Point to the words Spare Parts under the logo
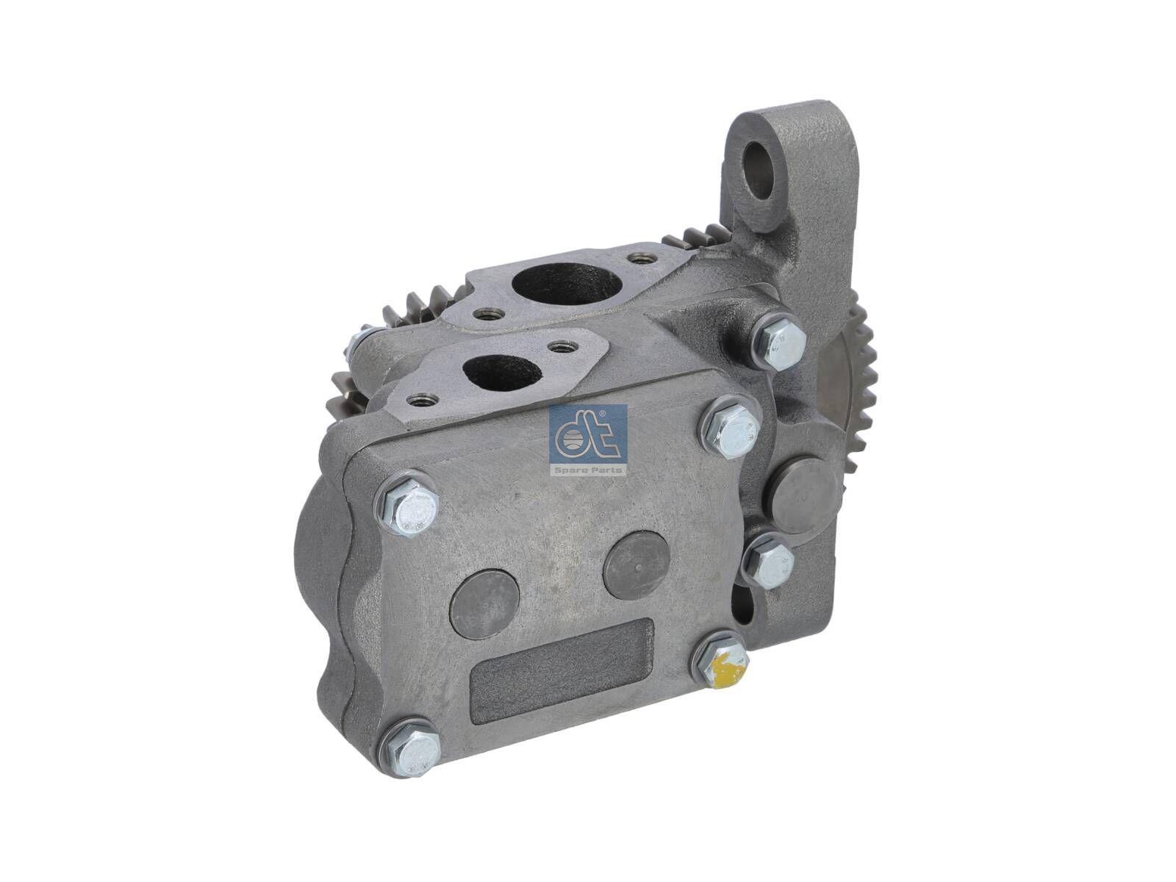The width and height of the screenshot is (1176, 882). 588,469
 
